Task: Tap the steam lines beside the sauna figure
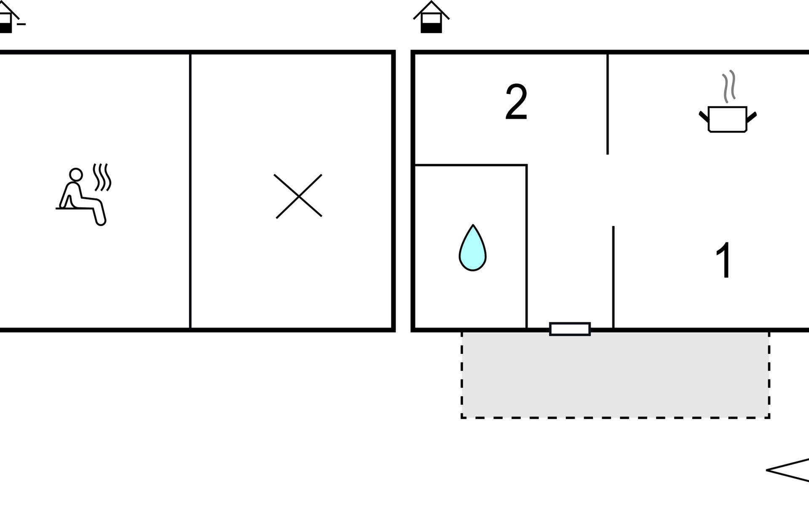(x=102, y=177)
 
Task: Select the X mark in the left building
(x=298, y=196)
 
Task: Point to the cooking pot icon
(x=728, y=119)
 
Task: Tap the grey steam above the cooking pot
(x=729, y=86)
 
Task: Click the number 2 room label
(x=516, y=102)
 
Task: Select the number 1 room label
(x=723, y=260)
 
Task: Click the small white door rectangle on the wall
(x=570, y=329)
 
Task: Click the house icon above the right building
(x=431, y=17)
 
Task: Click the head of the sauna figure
(x=76, y=174)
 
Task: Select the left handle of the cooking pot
(x=704, y=116)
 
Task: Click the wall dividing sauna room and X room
(x=190, y=189)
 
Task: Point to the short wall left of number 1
(x=613, y=278)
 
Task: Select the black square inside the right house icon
(x=431, y=28)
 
